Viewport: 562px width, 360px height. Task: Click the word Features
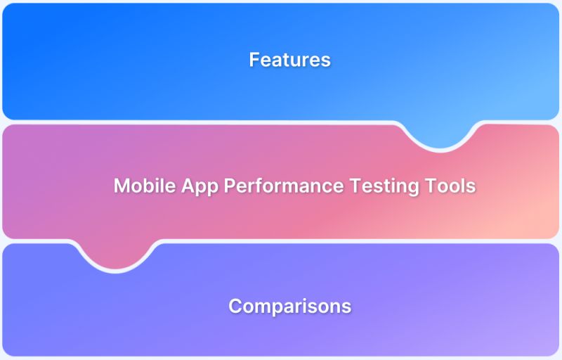[x=289, y=60]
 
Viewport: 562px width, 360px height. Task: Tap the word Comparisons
[x=289, y=307]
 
